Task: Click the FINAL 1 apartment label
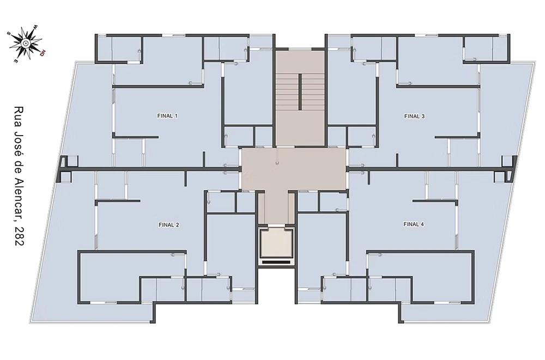click(167, 116)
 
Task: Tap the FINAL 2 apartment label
click(169, 225)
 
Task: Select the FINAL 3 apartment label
click(414, 117)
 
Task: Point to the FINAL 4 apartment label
click(414, 224)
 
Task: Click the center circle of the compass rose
click(25, 43)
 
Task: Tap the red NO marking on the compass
click(43, 53)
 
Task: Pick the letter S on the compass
click(8, 33)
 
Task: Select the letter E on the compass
click(16, 60)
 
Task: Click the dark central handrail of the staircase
click(300, 91)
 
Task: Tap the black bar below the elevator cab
click(276, 262)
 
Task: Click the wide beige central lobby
click(294, 169)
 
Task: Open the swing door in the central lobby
click(277, 156)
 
